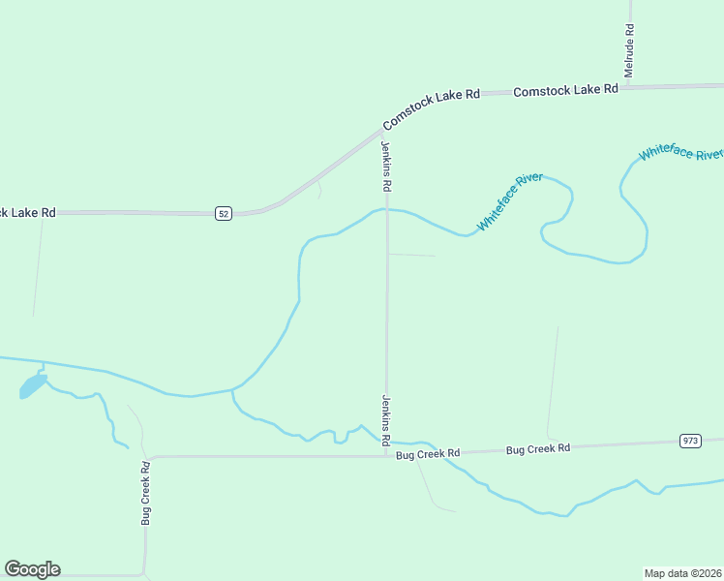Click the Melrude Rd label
coord(629,50)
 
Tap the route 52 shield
coord(224,213)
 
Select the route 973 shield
coord(690,441)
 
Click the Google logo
coord(33,569)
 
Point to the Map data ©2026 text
coord(683,572)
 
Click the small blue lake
coord(32,386)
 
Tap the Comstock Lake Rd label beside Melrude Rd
coord(565,90)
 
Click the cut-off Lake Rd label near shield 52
coord(28,212)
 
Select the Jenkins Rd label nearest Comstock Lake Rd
coord(386,166)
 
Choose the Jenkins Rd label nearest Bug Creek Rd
coord(386,420)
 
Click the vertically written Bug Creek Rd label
coord(146,493)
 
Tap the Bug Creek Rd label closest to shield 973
coord(538,449)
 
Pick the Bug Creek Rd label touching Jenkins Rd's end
coord(428,452)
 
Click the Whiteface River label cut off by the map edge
coord(680,153)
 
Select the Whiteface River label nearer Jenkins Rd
coord(510,202)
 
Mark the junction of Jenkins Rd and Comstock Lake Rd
coord(385,130)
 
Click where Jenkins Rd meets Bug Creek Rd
coord(387,455)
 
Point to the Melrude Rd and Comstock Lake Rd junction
coord(629,87)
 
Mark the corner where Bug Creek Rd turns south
coord(149,458)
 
